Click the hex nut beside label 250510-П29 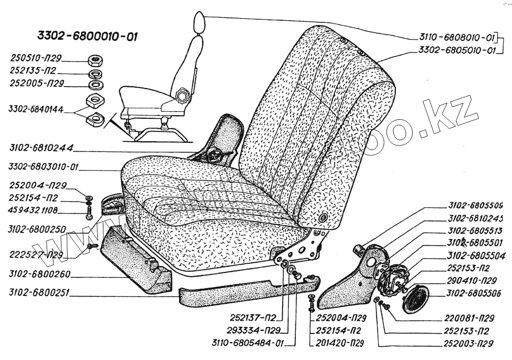pyautogui.click(x=95, y=59)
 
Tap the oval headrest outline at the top pyautogui.click(x=199, y=22)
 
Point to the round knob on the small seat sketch pyautogui.click(x=182, y=96)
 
